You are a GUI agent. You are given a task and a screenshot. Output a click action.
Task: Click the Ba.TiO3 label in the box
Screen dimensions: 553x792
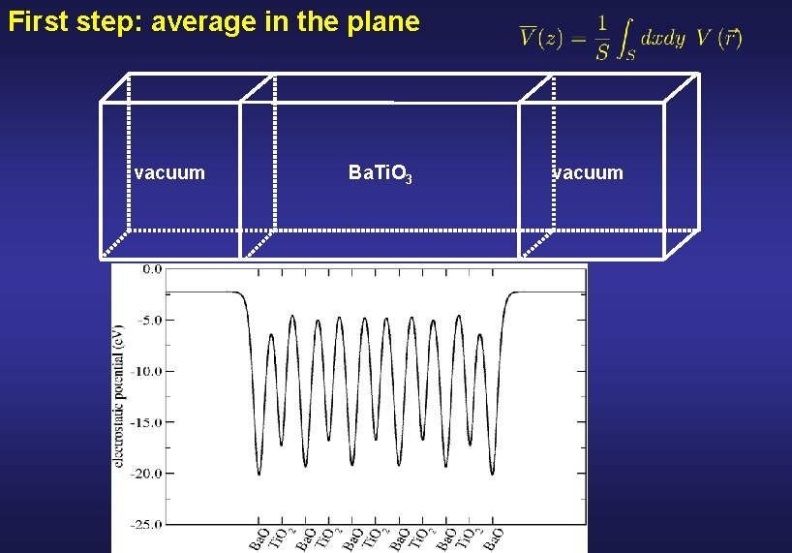(x=381, y=174)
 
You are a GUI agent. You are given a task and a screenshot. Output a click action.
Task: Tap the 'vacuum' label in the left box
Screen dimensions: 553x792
(x=169, y=173)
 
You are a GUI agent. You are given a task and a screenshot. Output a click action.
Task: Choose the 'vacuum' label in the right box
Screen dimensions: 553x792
(x=588, y=173)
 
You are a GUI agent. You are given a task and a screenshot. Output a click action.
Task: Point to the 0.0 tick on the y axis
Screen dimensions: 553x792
(x=152, y=269)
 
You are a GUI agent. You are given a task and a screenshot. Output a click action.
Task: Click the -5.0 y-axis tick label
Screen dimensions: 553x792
(x=150, y=320)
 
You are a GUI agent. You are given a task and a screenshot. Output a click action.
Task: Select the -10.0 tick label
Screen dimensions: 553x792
(x=148, y=371)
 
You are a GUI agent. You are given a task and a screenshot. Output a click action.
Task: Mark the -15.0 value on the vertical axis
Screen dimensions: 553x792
(x=148, y=422)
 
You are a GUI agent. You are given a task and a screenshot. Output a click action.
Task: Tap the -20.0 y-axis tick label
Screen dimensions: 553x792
(x=148, y=474)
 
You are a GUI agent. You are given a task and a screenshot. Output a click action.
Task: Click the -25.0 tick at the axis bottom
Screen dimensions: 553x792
(x=148, y=524)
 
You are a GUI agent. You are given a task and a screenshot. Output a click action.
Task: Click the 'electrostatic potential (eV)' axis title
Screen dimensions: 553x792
(x=120, y=397)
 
